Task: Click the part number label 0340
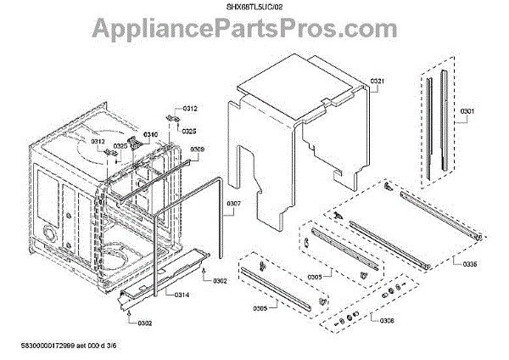tap(150, 136)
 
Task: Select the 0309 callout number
tap(197, 150)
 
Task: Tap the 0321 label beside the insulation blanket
tap(378, 82)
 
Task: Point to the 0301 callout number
tap(467, 112)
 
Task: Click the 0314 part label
tap(182, 295)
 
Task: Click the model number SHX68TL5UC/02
tap(254, 7)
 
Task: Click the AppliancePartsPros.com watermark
tap(255, 32)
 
